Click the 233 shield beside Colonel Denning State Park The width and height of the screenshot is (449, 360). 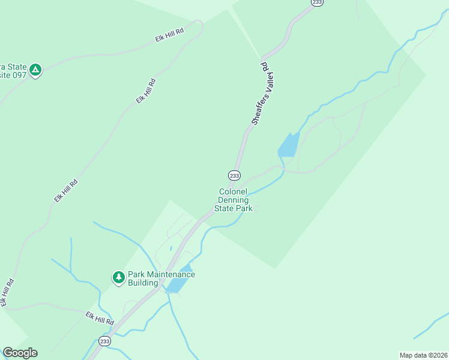(x=234, y=175)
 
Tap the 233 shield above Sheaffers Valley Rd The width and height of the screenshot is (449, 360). (x=316, y=2)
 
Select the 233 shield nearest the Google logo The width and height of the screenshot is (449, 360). (x=105, y=341)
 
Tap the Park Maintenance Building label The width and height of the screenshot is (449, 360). (x=161, y=278)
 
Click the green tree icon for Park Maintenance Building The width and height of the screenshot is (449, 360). (x=119, y=277)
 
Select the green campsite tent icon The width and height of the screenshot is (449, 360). (x=36, y=70)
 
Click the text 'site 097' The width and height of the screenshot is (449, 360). (x=14, y=76)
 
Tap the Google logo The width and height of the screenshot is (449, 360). (x=20, y=353)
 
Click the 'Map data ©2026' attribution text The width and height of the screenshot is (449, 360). (x=424, y=355)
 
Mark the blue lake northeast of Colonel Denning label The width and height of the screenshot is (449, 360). (x=288, y=145)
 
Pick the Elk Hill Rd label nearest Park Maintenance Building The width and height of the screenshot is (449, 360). (x=99, y=318)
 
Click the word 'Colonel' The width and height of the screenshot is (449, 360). (x=232, y=191)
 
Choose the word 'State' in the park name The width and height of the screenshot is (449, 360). (x=228, y=208)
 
